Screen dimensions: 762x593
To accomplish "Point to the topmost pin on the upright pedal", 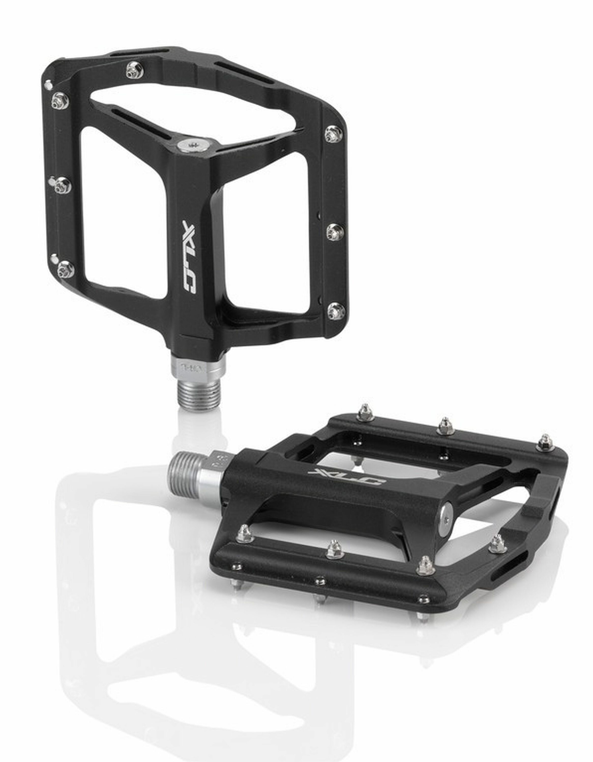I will pos(135,70).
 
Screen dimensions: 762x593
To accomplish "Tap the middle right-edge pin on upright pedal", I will pos(335,231).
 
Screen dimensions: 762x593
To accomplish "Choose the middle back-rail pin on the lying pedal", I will pos(445,426).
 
